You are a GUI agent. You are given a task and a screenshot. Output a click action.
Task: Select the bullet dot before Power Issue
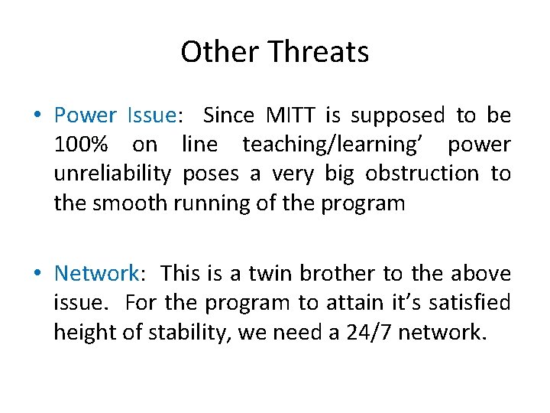38,116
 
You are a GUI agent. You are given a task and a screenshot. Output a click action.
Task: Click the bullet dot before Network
38,274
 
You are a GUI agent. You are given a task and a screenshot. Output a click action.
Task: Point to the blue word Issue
151,115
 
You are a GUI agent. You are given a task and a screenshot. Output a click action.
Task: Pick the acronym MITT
292,115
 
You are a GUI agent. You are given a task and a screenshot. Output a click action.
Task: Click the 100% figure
81,145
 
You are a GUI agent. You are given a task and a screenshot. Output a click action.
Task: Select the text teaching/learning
336,145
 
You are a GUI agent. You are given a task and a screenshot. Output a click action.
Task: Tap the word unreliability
112,174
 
